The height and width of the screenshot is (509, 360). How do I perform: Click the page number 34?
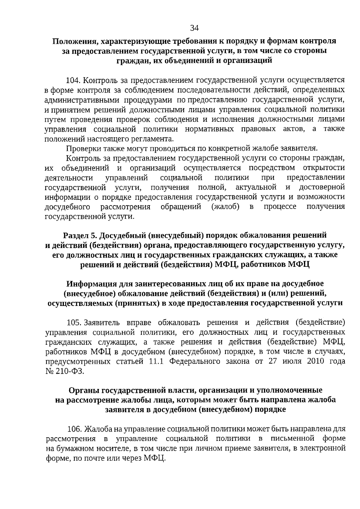194,28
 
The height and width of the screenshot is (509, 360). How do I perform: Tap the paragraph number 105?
74,323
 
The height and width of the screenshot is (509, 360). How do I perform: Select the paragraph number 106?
74,429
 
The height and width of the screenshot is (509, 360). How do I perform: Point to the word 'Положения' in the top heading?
71,41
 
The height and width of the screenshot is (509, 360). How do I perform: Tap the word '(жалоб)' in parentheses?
225,207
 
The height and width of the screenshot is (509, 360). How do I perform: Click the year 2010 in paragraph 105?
316,361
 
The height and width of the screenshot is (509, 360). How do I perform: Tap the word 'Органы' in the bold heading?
84,390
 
